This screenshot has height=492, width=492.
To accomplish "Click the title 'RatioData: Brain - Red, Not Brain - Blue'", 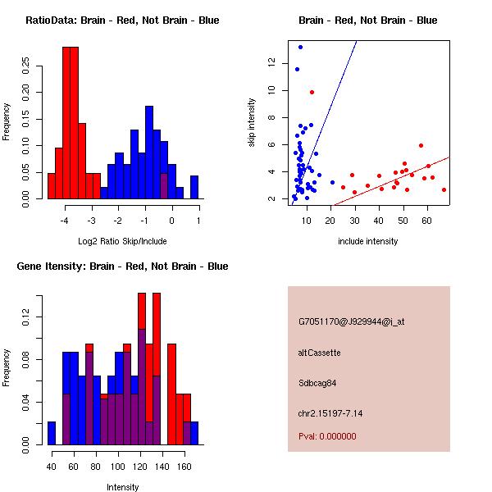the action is (x=122, y=20).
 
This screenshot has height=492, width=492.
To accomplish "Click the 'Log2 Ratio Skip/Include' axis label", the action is (x=122, y=241).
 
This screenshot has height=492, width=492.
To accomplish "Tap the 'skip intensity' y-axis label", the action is (x=252, y=123).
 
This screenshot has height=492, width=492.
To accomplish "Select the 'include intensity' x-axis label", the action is (x=367, y=241).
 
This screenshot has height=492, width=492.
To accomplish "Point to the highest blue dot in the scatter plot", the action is (x=300, y=48).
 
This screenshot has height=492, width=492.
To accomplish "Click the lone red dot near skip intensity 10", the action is (x=312, y=92).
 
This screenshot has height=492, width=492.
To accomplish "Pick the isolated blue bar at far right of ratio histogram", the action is (x=194, y=187).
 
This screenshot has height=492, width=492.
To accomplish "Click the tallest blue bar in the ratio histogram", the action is (x=149, y=153).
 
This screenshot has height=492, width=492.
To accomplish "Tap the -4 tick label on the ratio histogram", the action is (x=64, y=221).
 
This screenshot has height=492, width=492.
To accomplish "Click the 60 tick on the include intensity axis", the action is (x=426, y=221).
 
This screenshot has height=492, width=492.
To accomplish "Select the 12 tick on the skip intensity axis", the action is (x=271, y=62).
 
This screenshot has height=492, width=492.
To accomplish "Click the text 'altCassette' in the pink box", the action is (x=319, y=353).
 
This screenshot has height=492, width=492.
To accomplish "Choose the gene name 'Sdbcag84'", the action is (x=317, y=383).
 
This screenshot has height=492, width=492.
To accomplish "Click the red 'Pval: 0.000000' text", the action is (x=327, y=436).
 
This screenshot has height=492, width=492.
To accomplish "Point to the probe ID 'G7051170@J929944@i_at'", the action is (x=352, y=321).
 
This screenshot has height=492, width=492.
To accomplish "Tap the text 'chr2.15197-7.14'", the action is (x=330, y=413).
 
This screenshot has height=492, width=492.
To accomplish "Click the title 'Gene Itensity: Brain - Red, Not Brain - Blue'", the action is (x=122, y=266).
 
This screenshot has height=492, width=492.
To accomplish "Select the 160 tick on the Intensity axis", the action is (x=184, y=467).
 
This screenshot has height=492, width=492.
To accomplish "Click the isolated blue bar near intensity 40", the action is (x=52, y=433).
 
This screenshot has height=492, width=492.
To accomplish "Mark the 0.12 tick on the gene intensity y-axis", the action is (x=25, y=317).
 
